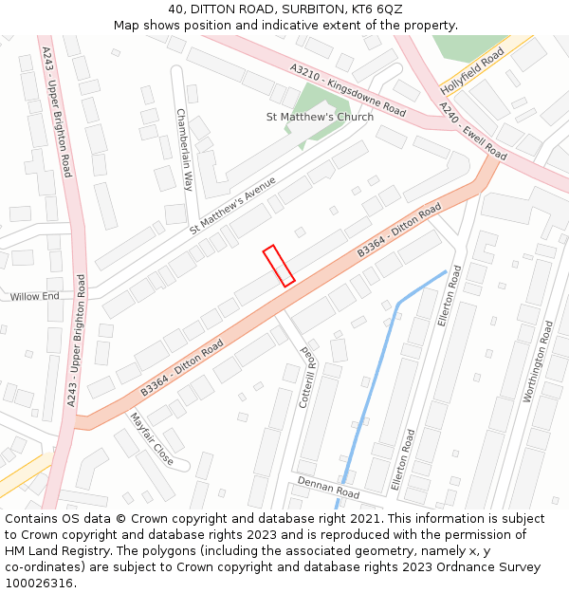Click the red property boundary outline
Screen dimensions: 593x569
coord(278,266)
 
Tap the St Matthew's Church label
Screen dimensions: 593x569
coord(320,117)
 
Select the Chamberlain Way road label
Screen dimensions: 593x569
coord(185,150)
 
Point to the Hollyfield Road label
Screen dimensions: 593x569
coord(471,71)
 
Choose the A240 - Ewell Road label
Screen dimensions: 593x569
coord(474,133)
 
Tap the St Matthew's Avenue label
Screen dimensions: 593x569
coord(232,205)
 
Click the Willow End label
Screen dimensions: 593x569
coord(35,297)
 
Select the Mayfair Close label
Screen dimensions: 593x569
coord(152,439)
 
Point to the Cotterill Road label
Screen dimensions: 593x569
coord(306,377)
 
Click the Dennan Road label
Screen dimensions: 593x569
coord(328,488)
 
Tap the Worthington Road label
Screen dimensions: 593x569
coord(537,361)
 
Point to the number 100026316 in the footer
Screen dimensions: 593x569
coord(38,584)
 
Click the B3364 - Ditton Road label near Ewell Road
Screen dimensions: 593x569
coord(399,230)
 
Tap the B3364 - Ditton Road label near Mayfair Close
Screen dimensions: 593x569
coord(182,367)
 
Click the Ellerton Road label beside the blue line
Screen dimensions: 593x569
coord(449,296)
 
